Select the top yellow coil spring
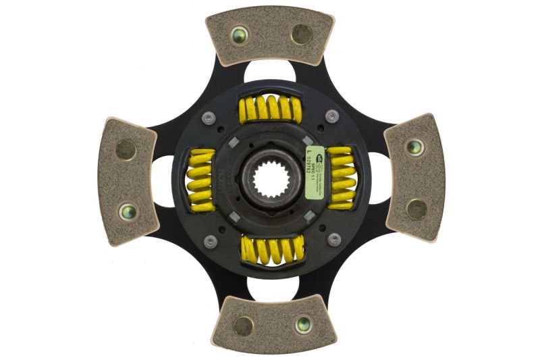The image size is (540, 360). coord(270,108)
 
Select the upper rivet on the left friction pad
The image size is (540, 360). coord(126,149)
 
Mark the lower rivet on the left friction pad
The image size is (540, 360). coord(127,211)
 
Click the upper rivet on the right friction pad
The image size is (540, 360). coord(414,146)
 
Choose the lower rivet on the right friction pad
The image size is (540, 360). coord(415,208)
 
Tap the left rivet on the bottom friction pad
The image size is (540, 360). coord(242,326)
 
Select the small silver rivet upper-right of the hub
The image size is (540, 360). coord(331,116)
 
